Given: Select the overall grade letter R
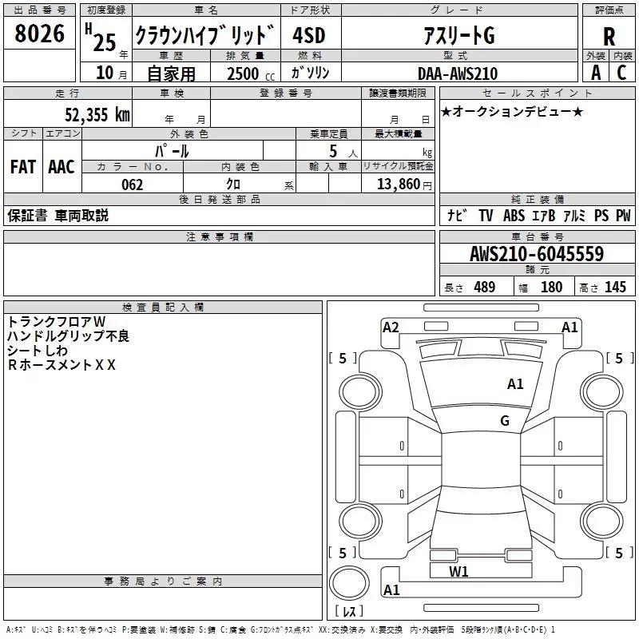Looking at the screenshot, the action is (x=609, y=37).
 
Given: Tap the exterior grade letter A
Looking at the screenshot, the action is (x=595, y=73).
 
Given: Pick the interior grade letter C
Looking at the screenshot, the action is (x=621, y=73).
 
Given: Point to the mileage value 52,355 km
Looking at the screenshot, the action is (x=97, y=114).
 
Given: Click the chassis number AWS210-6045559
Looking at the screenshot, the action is (x=536, y=255).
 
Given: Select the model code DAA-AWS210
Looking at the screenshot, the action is (x=457, y=73).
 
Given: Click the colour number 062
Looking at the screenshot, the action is (x=132, y=185).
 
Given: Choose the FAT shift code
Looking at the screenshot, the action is (x=23, y=167).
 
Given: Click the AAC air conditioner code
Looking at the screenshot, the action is (x=62, y=167).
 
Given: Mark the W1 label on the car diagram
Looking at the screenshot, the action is (x=458, y=571).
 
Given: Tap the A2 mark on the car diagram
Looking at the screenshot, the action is (x=391, y=327).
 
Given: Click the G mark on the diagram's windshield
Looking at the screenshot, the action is (x=505, y=421).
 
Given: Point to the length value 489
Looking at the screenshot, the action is (x=484, y=288).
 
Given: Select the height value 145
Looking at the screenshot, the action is (x=615, y=288).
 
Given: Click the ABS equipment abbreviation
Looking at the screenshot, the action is (x=514, y=216).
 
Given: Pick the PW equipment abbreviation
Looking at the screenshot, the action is (x=623, y=216).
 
